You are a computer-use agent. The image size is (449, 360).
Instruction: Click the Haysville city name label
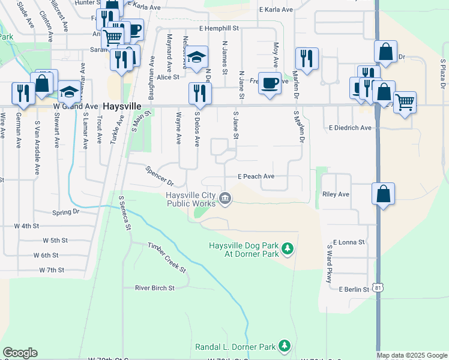pos(122,106)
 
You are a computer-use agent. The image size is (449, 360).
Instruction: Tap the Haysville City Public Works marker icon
pos(225,198)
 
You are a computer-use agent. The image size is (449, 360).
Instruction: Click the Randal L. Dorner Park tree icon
pos(284,346)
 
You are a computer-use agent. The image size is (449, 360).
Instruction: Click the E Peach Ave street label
pos(256,176)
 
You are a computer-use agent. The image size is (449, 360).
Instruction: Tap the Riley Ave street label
pos(336,194)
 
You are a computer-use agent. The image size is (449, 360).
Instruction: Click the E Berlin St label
pos(354,289)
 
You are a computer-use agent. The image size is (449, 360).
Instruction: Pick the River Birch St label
pos(154,288)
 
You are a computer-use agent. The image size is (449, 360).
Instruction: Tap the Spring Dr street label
pos(66,212)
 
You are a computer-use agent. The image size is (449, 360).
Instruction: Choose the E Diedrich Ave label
pos(350,128)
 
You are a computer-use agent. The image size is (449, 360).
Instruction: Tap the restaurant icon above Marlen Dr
pos(307,59)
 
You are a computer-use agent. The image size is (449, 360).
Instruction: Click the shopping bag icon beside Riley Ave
pos(384,194)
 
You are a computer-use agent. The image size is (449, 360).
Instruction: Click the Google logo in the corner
pos(20,353)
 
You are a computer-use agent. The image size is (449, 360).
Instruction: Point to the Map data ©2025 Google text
pos(411,355)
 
